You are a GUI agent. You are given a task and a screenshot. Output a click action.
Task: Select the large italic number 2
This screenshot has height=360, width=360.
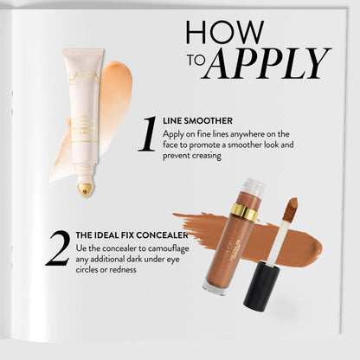57,248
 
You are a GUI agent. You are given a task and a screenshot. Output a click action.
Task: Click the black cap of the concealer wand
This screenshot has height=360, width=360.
260,286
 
